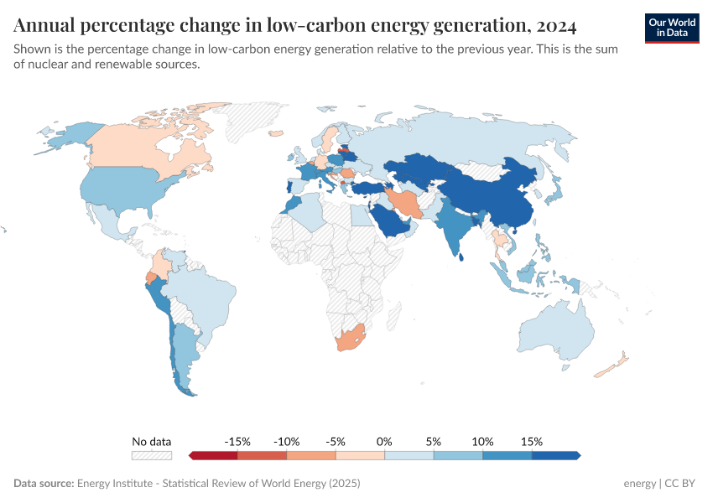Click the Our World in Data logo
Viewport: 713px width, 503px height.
point(671,28)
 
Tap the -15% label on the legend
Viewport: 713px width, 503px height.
point(238,441)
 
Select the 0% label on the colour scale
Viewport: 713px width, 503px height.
point(385,441)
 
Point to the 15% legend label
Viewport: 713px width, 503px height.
point(532,441)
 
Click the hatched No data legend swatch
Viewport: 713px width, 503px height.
point(152,455)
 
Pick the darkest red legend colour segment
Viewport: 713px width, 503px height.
point(213,455)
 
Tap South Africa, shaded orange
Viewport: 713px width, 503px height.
point(351,340)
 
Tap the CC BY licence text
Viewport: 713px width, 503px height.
point(681,484)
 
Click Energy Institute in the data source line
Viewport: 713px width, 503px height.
point(115,484)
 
